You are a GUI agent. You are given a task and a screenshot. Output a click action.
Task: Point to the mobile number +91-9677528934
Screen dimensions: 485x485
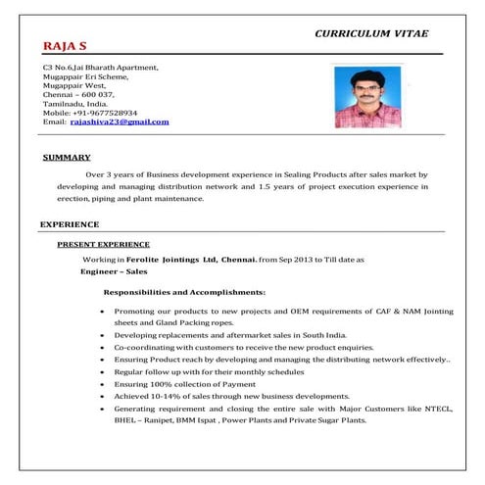pyautogui.click(x=102, y=113)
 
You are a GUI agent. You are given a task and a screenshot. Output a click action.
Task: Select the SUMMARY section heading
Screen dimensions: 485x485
pyautogui.click(x=68, y=157)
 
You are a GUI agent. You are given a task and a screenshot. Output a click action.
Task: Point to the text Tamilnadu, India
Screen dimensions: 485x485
pyautogui.click(x=78, y=103)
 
